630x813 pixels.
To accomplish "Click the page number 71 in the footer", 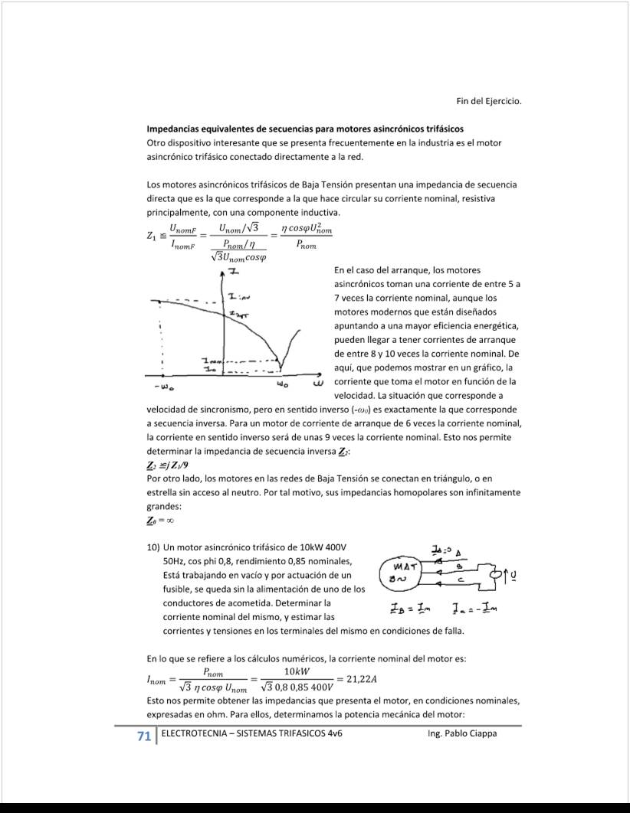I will pos(143,736).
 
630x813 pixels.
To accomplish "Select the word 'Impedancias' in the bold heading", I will pos(172,128).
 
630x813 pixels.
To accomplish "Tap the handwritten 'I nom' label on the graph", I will pos(210,361).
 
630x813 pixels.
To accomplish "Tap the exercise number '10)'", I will pos(153,548).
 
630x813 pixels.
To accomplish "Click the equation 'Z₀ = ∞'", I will pos(161,521).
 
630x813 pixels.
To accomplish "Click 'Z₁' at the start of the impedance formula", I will pos(153,237).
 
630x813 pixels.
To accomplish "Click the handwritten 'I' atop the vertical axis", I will pos(231,272).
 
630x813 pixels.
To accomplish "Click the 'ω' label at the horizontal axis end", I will pos(317,382).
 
